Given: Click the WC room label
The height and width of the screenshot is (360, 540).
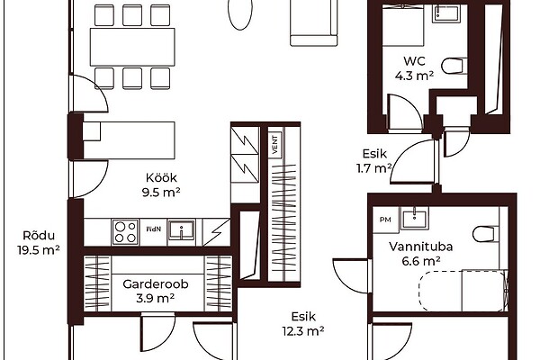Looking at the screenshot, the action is tap(414, 60).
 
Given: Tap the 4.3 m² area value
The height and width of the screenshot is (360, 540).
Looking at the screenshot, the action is tap(414, 75).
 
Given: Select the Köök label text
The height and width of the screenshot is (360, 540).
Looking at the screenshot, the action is tap(161, 178).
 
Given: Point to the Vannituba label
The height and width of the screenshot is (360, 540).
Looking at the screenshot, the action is tap(421, 247).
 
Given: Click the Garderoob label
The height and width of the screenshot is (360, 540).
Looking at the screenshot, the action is tap(156, 283).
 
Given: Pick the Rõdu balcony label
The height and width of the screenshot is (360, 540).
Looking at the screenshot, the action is tap(39, 235).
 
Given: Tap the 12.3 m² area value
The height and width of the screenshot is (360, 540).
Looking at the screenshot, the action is tap(303, 331).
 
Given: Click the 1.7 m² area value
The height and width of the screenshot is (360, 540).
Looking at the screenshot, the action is tap(374, 168).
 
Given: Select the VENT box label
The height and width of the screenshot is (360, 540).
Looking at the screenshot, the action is tap(274, 145).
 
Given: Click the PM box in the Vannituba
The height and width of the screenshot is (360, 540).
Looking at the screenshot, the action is tap(385, 220).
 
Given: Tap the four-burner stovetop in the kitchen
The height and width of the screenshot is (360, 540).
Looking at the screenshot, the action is tap(125, 232).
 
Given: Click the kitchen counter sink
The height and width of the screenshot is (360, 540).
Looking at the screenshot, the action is tap(181, 230).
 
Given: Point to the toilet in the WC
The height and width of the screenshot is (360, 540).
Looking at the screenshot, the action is tap(454, 66).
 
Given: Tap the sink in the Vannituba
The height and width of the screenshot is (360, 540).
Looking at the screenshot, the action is tap(415, 218).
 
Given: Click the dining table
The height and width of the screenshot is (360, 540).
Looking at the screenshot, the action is tap(132, 47).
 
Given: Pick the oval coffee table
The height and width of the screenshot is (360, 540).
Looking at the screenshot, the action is tap(240, 13).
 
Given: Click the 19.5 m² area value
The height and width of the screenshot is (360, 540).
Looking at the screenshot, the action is tap(39, 250).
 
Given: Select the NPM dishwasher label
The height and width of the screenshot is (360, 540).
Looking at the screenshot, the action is tap(154, 229).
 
